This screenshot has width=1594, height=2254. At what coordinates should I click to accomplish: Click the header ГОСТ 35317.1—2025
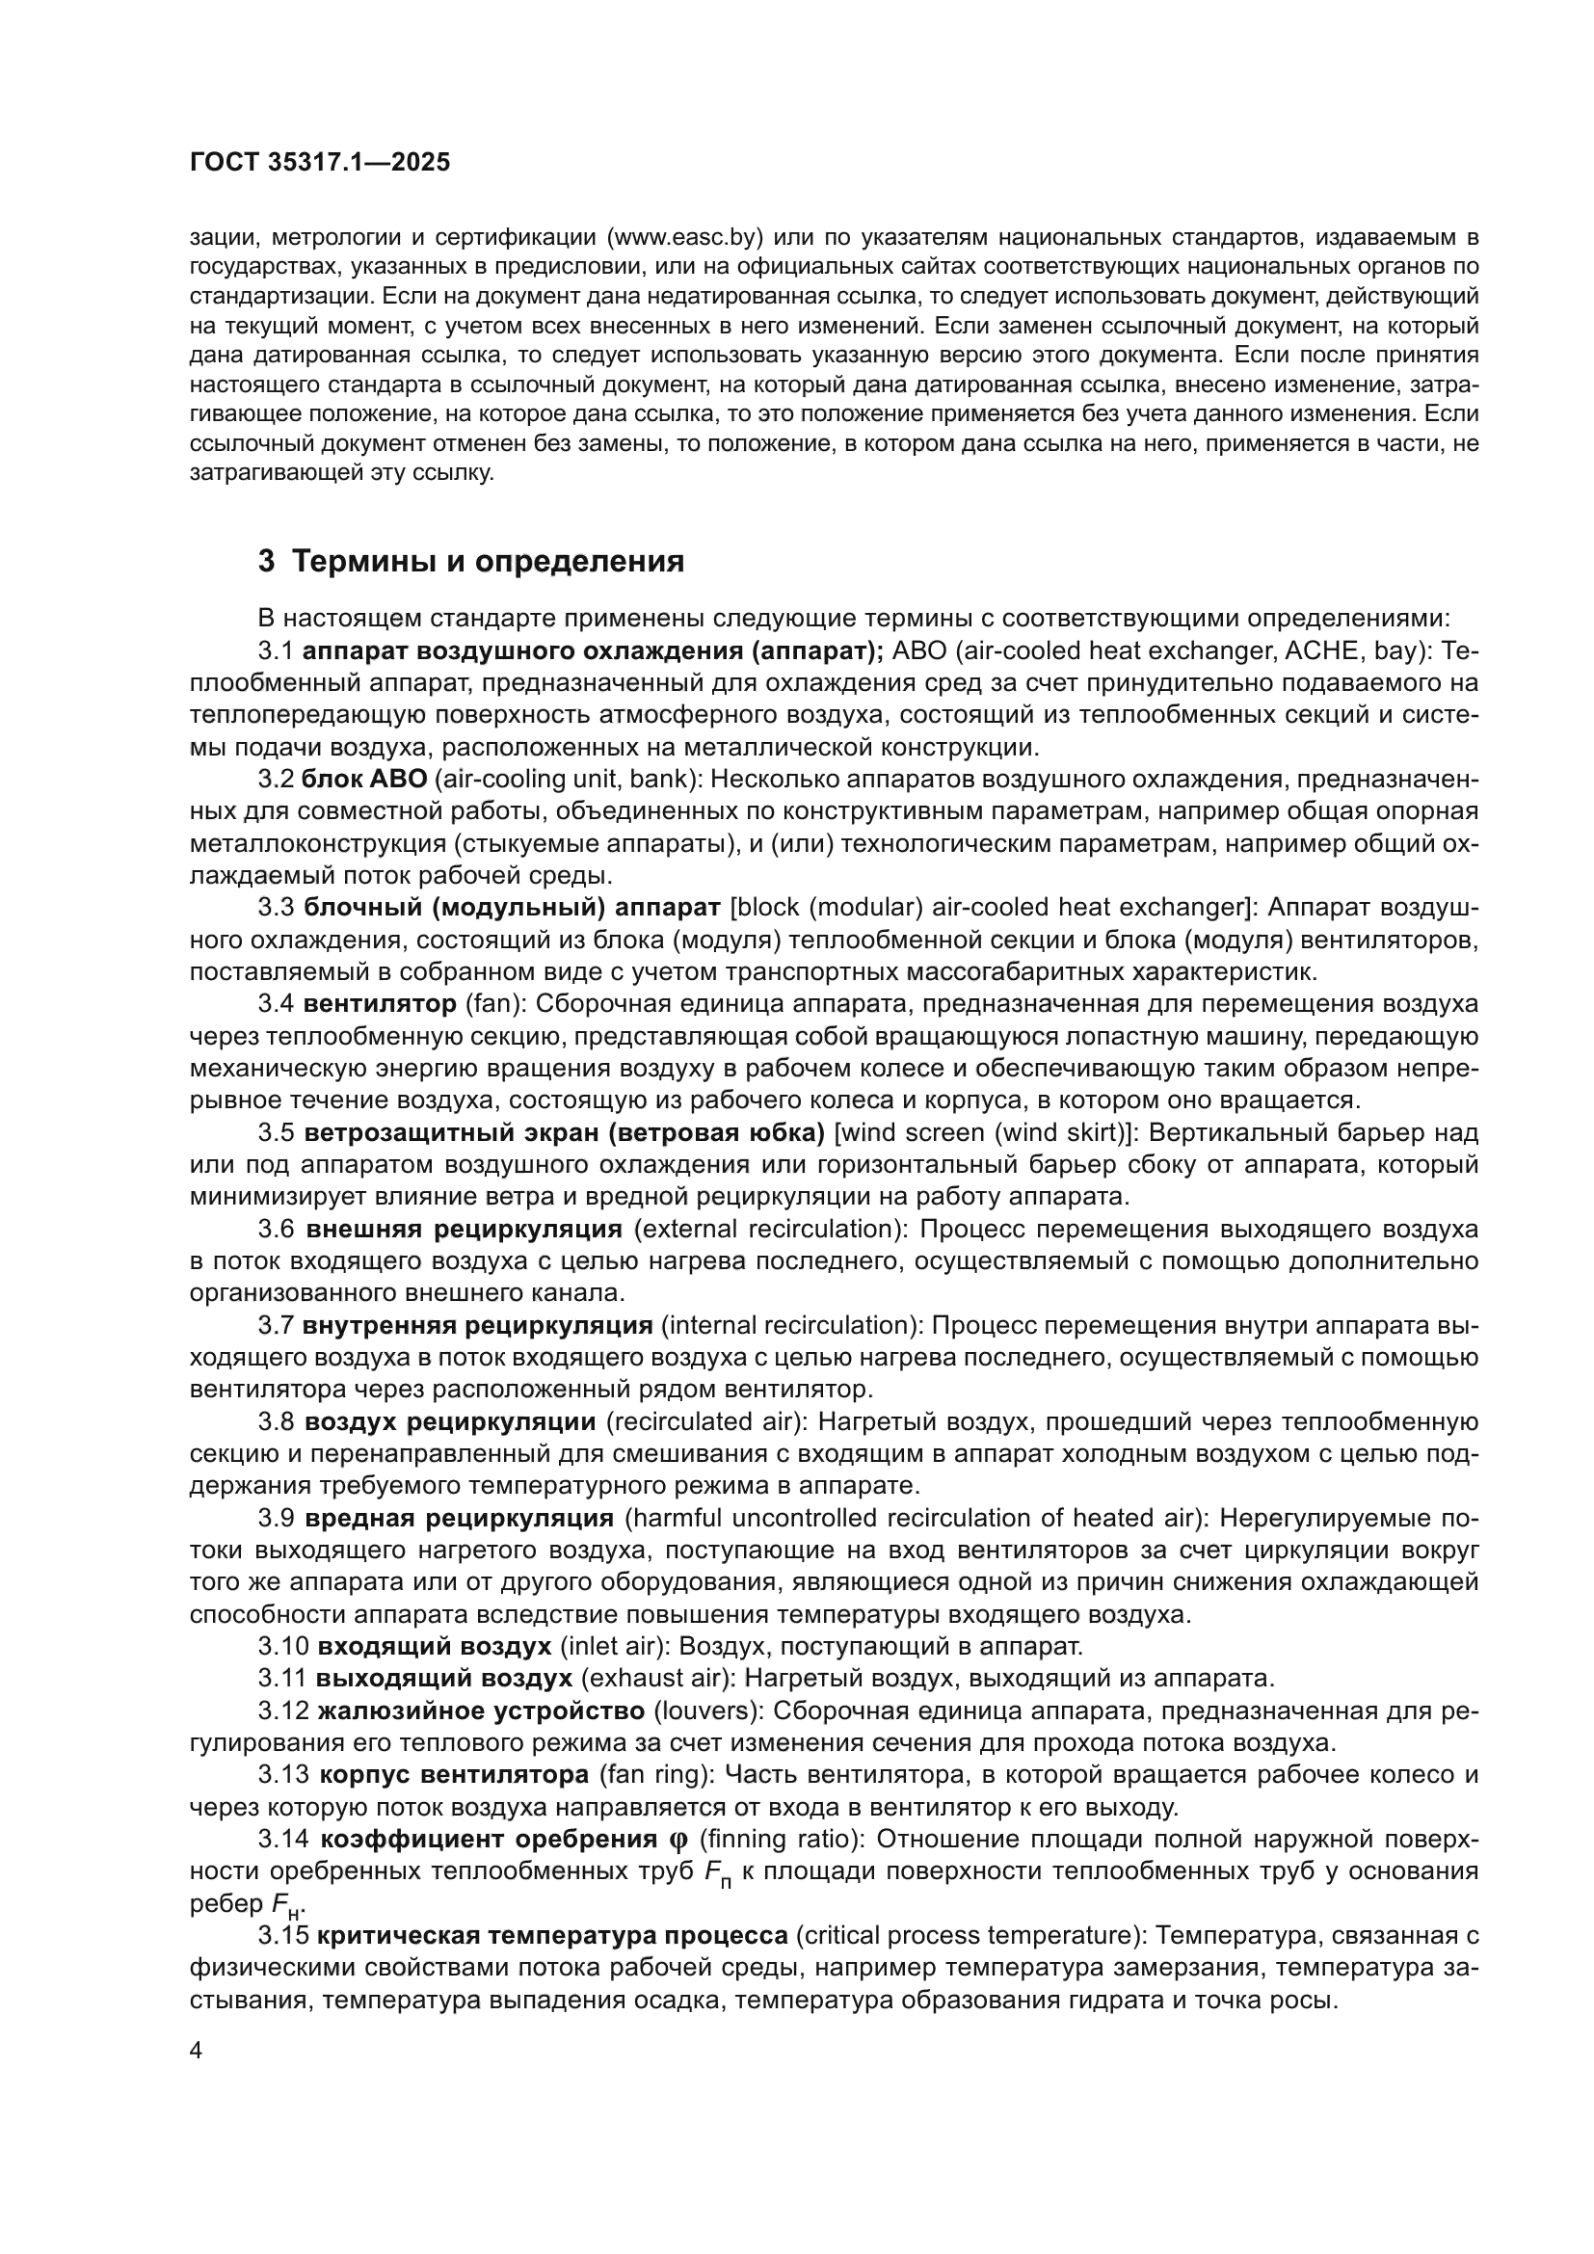(x=320, y=163)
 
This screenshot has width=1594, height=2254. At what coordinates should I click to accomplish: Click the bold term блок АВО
(x=364, y=779)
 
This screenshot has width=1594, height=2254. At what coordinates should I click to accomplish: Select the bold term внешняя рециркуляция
(x=465, y=1228)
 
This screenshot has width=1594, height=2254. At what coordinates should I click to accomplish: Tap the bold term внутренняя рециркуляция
(x=478, y=1325)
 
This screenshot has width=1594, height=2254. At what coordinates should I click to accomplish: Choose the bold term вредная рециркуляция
(x=460, y=1518)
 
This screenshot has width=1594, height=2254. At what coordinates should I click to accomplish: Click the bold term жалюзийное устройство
(x=482, y=1710)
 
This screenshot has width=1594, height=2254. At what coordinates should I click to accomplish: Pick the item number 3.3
(x=277, y=906)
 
